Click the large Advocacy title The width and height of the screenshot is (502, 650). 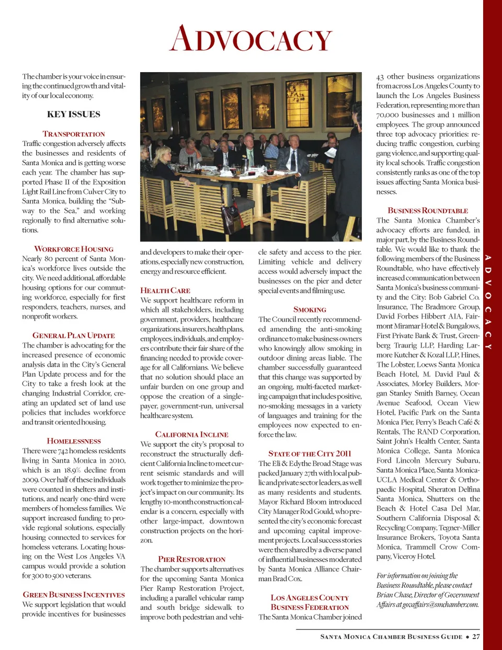[251, 39]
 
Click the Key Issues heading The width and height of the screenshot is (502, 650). [74, 114]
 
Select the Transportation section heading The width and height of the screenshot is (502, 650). [74, 134]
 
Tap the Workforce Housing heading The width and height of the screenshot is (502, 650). [74, 249]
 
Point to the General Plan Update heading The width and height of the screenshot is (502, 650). [74, 335]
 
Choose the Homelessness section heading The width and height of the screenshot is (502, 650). [74, 441]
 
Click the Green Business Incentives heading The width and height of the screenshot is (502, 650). [74, 595]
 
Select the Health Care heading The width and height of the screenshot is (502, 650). [165, 290]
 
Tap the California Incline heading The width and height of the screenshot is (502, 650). [191, 434]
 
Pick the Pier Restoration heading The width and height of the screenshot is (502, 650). [191, 559]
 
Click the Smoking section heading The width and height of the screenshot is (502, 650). [310, 310]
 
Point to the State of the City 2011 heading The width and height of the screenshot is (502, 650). [310, 453]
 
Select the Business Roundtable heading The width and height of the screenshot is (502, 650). [428, 210]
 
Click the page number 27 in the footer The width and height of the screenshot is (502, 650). [476, 636]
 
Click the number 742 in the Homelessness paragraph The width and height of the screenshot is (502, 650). [63, 451]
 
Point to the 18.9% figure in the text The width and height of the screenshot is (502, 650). [73, 470]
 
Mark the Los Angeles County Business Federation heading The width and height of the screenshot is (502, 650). [310, 602]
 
